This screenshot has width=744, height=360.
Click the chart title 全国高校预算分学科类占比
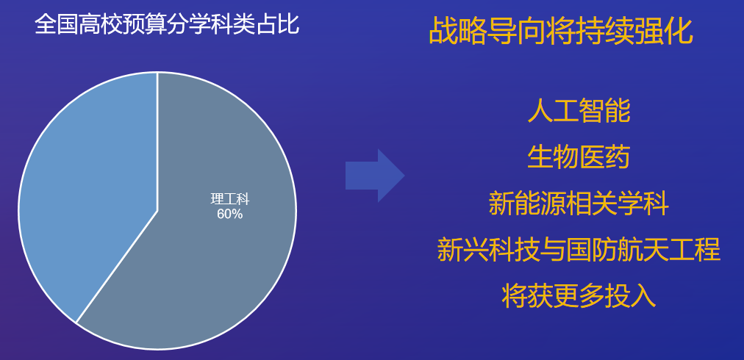pyautogui.click(x=167, y=24)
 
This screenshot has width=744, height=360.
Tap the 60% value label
pyautogui.click(x=229, y=215)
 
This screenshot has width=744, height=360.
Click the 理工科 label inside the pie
pyautogui.click(x=229, y=199)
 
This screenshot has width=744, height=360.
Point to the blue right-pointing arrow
pyautogui.click(x=375, y=176)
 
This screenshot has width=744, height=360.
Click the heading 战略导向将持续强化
pyautogui.click(x=561, y=32)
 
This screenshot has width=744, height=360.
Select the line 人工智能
pyautogui.click(x=579, y=112)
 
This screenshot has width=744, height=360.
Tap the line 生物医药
pyautogui.click(x=579, y=157)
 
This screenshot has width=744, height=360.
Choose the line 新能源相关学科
pyautogui.click(x=579, y=204)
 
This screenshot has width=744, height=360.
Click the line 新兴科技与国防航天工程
pyautogui.click(x=579, y=250)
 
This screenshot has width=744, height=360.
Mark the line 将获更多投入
pyautogui.click(x=579, y=295)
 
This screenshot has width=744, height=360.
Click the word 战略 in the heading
pyautogui.click(x=458, y=32)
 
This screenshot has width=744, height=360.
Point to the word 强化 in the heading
pyautogui.click(x=665, y=32)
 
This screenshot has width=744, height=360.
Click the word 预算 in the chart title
pyautogui.click(x=145, y=24)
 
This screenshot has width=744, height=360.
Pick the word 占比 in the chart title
pyautogui.click(x=278, y=24)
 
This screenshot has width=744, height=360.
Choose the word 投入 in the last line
pyautogui.click(x=630, y=295)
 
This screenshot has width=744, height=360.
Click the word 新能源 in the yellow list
pyautogui.click(x=527, y=204)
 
